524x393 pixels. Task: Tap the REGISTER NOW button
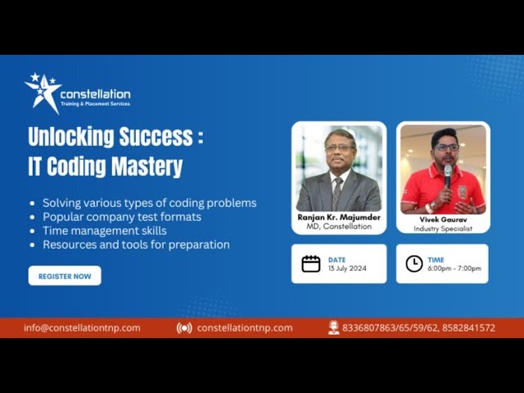click(65, 276)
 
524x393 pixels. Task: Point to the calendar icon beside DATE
click(311, 264)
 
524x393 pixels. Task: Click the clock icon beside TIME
click(414, 264)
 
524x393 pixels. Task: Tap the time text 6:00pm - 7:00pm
click(454, 269)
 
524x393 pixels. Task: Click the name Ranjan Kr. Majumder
click(339, 218)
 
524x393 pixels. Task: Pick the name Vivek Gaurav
click(442, 220)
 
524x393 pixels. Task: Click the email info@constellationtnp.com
click(82, 327)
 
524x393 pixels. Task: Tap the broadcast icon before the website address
click(184, 327)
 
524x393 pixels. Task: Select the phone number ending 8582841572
click(468, 327)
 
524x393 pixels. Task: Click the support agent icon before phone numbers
click(333, 327)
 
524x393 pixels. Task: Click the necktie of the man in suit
click(337, 193)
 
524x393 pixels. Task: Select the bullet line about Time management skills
click(104, 231)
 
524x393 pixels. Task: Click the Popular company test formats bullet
click(121, 217)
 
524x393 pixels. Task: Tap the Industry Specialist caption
click(442, 228)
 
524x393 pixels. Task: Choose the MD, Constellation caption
click(339, 227)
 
